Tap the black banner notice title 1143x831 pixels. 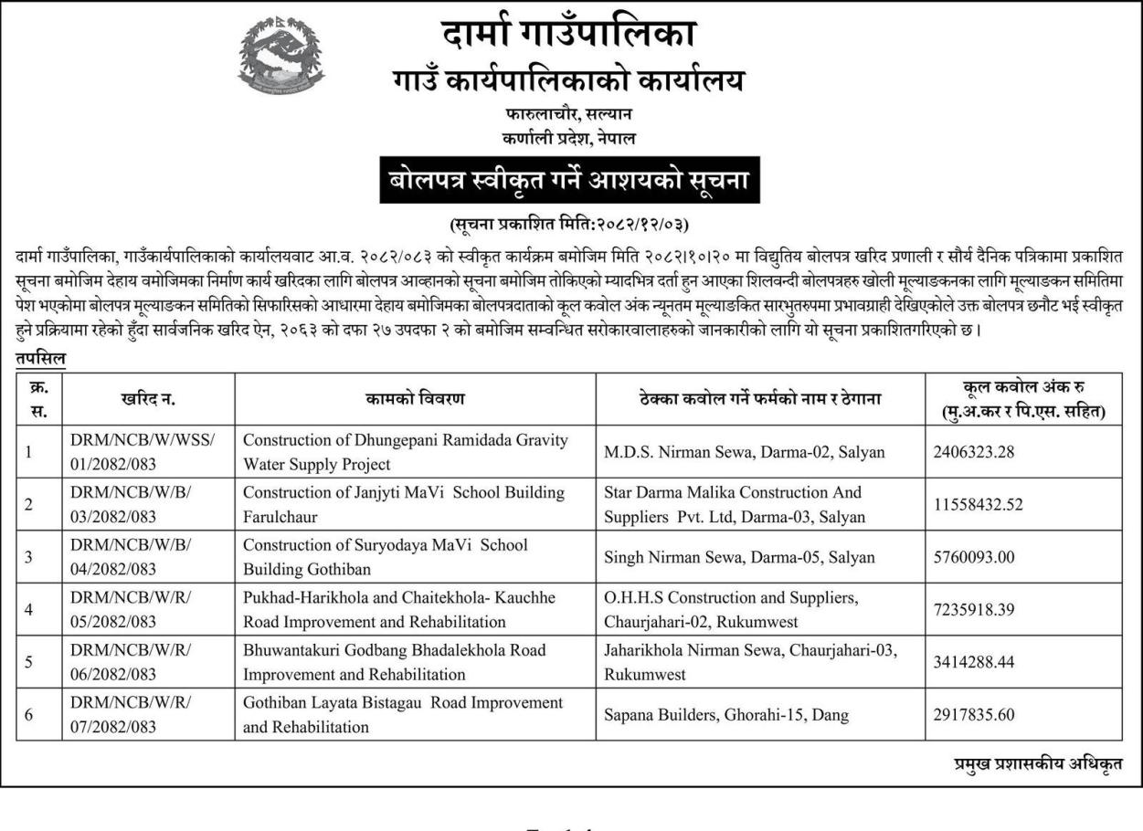[x=571, y=183]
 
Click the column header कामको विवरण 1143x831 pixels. [x=416, y=398]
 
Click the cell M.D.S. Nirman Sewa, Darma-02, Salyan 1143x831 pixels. [x=744, y=451]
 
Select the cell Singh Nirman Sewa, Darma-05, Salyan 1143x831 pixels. [x=739, y=556]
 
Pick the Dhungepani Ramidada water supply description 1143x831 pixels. [x=405, y=451]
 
